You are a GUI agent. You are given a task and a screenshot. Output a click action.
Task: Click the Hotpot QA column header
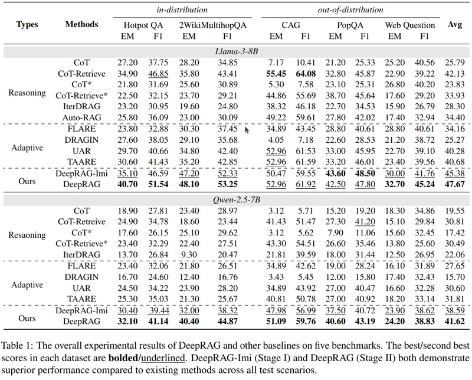pyautogui.click(x=143, y=25)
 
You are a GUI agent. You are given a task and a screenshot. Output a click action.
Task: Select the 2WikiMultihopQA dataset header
pyautogui.click(x=213, y=25)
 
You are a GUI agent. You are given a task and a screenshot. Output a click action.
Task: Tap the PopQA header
pyautogui.click(x=350, y=25)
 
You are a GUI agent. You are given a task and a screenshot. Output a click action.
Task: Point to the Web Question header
pyautogui.click(x=409, y=25)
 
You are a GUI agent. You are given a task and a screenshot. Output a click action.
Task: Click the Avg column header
pyautogui.click(x=454, y=24)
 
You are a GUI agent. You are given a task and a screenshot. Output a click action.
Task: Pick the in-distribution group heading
pyautogui.click(x=182, y=10)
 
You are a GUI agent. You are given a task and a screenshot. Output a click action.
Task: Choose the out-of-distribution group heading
pyautogui.click(x=350, y=10)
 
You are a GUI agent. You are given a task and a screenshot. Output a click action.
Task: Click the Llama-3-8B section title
pyautogui.click(x=237, y=51)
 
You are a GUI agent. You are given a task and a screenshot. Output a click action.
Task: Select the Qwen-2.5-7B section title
pyautogui.click(x=237, y=199)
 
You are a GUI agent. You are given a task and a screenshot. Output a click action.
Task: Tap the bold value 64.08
pyautogui.click(x=306, y=74)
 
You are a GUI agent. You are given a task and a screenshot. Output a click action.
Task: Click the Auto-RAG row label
pyautogui.click(x=81, y=117)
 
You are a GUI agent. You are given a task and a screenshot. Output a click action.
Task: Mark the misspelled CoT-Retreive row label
pyautogui.click(x=81, y=222)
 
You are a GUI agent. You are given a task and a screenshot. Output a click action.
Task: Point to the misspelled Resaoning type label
pyautogui.click(x=27, y=235)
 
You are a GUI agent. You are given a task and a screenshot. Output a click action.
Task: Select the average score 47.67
pyautogui.click(x=454, y=184)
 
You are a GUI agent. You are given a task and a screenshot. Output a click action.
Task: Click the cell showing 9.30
pyautogui.click(x=189, y=255)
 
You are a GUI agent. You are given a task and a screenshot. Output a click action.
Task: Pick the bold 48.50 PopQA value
pyautogui.click(x=365, y=173)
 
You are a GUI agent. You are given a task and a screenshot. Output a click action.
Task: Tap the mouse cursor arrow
pyautogui.click(x=247, y=130)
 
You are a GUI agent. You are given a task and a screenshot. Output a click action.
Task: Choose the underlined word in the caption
pyautogui.click(x=163, y=358)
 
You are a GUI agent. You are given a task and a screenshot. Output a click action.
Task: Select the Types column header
pyautogui.click(x=27, y=24)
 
